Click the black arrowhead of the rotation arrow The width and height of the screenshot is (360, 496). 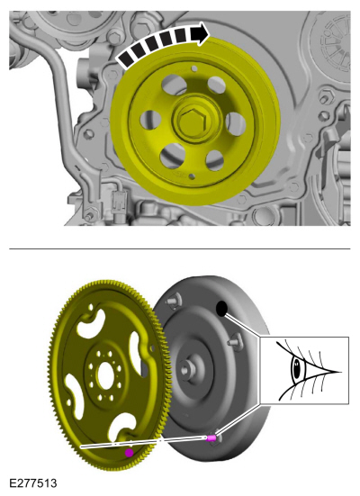(x=201, y=33)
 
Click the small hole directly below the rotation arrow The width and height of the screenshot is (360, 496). (x=194, y=68)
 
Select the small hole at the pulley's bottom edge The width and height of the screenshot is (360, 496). (x=192, y=176)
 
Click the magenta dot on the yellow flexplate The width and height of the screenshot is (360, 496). (x=129, y=453)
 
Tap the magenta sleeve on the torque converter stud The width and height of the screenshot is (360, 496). (x=211, y=437)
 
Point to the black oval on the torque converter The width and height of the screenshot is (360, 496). (x=221, y=309)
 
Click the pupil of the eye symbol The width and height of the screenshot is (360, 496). (x=296, y=369)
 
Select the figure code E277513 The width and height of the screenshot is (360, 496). (x=33, y=483)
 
